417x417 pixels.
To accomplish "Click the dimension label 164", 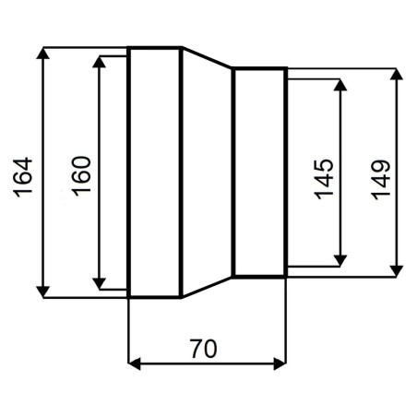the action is (x=23, y=177).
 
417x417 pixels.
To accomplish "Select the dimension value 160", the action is (x=81, y=176).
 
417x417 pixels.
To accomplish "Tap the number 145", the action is (x=324, y=179).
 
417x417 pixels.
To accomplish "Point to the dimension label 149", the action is (x=381, y=180).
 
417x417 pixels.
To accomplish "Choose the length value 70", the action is (x=203, y=349).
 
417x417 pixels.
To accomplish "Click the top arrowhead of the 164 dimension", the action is (x=42, y=54).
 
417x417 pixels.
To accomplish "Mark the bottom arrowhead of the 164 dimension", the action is (x=42, y=292).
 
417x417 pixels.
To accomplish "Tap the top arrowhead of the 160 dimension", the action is (x=99, y=62).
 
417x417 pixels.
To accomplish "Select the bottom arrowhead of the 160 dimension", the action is (x=99, y=283).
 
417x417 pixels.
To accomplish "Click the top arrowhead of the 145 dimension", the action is (x=340, y=85).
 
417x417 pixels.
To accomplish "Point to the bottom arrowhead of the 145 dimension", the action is (x=340, y=261).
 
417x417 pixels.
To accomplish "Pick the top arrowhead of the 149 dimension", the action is (x=396, y=74).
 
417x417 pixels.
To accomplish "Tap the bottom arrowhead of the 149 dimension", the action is (x=396, y=271).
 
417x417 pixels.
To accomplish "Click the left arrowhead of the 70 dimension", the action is (x=135, y=363).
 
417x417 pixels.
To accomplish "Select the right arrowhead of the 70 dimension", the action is (x=280, y=363).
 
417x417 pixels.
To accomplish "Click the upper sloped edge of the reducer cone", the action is (x=207, y=57).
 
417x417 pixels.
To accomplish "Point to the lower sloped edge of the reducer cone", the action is (x=207, y=287).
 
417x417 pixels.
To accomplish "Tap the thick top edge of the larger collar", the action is (x=155, y=48).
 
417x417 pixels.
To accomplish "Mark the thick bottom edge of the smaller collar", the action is (x=259, y=276).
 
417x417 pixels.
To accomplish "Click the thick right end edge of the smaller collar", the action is (x=286, y=173).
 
